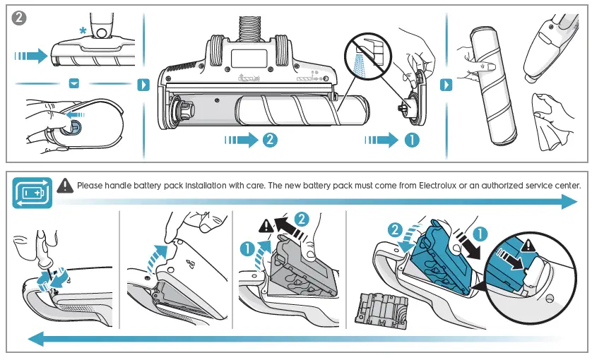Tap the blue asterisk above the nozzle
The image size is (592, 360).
coord(85,30)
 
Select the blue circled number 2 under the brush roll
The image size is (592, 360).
coord(269,140)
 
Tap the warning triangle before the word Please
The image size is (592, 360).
coord(65,186)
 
